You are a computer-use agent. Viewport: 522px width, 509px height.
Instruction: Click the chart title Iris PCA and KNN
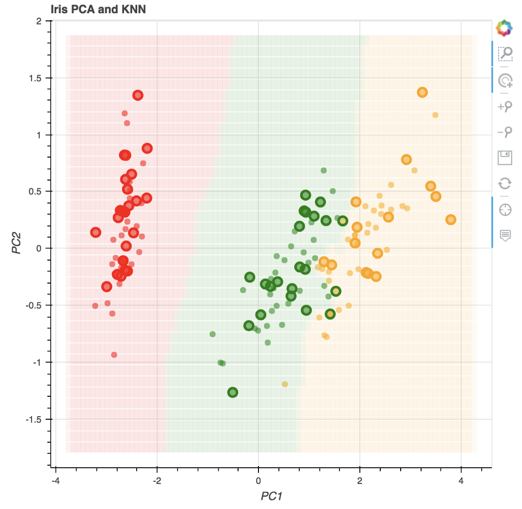click(x=98, y=9)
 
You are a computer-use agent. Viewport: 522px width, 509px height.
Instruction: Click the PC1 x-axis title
click(x=271, y=495)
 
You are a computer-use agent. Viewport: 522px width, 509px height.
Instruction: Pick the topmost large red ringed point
click(x=138, y=95)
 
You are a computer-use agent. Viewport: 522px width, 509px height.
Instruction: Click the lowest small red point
click(x=114, y=354)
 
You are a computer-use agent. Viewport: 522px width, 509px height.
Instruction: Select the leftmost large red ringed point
click(x=95, y=233)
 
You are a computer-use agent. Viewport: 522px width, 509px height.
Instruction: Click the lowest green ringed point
click(x=233, y=392)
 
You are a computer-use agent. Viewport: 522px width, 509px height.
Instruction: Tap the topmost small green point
click(x=323, y=170)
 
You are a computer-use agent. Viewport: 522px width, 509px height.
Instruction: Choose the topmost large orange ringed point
click(x=422, y=92)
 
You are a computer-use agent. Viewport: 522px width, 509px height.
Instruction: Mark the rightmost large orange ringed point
click(x=451, y=220)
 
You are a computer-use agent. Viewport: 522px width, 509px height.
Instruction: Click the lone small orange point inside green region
click(x=285, y=384)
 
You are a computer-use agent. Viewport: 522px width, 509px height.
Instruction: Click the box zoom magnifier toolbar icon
click(x=505, y=53)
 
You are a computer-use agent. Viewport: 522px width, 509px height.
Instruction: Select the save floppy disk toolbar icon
click(x=505, y=158)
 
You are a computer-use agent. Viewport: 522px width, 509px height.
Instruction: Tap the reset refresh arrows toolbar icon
click(x=505, y=184)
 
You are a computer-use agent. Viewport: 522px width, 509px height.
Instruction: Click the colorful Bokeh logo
click(x=505, y=28)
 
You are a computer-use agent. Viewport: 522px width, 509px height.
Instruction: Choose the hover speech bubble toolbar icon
click(x=505, y=235)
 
